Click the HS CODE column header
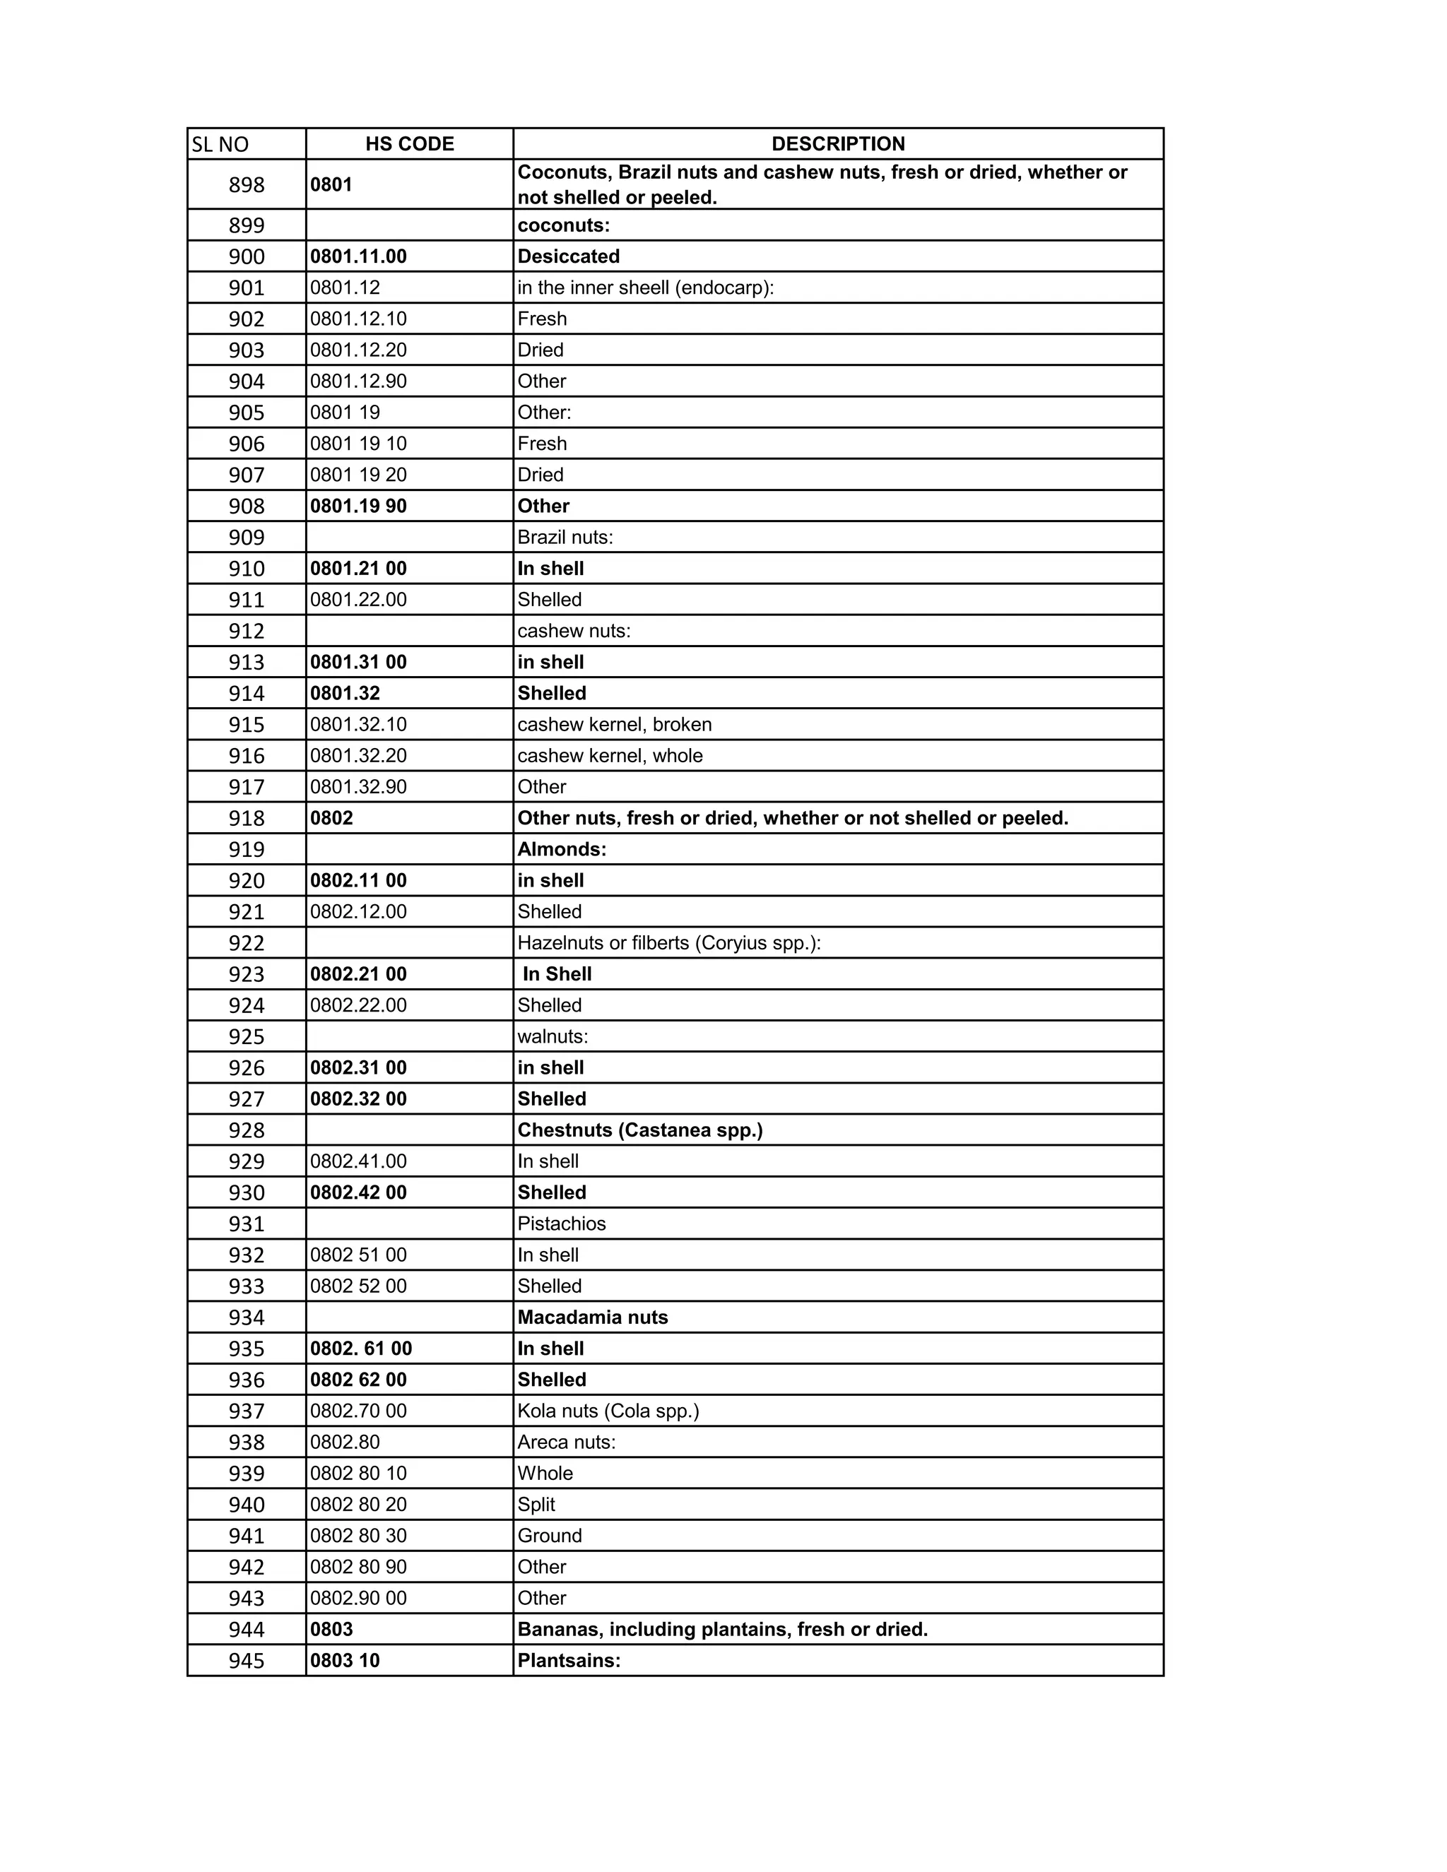coord(410,144)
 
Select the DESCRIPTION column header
coord(837,144)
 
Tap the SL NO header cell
coord(220,145)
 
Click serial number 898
coord(246,185)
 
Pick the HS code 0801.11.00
coord(358,256)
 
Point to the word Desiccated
coord(568,256)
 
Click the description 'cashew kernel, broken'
coord(614,724)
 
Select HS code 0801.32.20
coord(358,755)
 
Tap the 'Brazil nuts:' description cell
coord(565,538)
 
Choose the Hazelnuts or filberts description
coord(668,943)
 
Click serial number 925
coord(246,1036)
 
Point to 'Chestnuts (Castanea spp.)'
coord(639,1130)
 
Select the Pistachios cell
coord(562,1223)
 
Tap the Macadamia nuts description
coord(592,1317)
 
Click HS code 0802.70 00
coord(358,1411)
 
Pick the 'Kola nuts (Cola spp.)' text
coord(608,1411)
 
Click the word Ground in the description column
coord(550,1535)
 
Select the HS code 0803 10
coord(345,1660)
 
